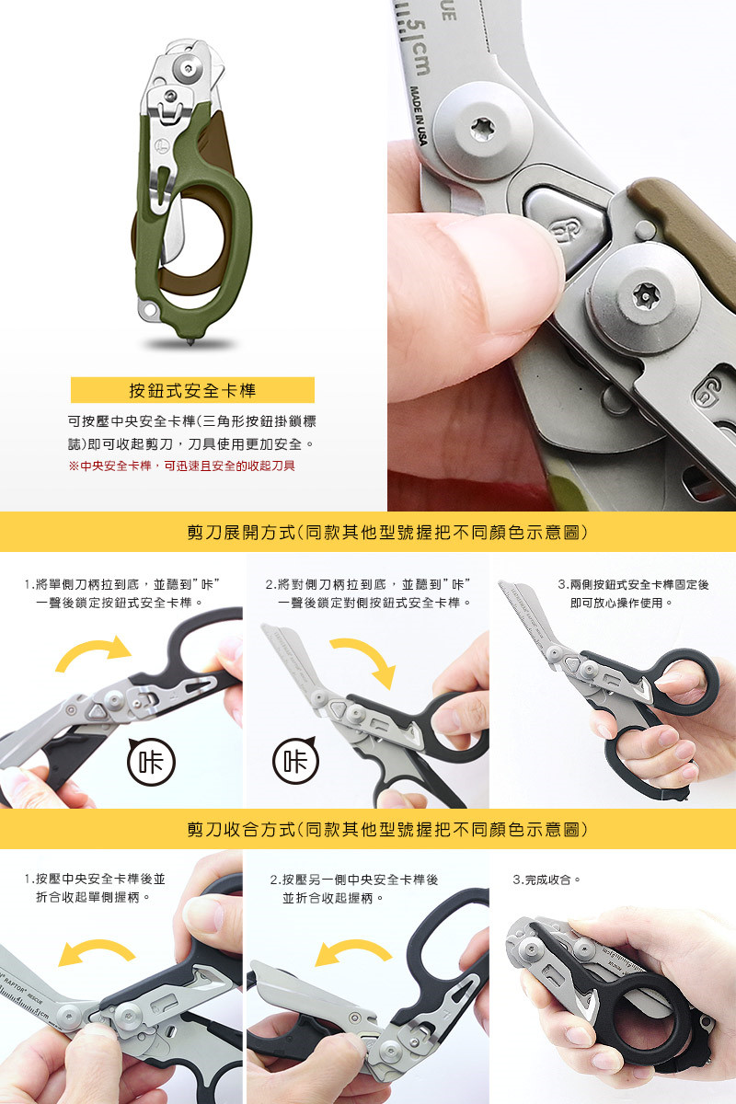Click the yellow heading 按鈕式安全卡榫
point(192,390)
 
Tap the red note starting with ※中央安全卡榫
point(181,466)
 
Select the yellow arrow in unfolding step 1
point(94,651)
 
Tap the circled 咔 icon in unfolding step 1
point(152,762)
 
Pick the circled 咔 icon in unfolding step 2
point(295,760)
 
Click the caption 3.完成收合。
point(547,880)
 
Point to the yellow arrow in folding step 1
point(96,949)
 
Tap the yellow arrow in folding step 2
point(353,949)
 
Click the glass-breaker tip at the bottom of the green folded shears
point(191,340)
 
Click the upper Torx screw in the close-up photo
point(482,130)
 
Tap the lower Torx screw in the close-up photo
point(644,295)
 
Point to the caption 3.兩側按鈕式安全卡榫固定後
point(633,584)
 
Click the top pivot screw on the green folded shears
point(189,67)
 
